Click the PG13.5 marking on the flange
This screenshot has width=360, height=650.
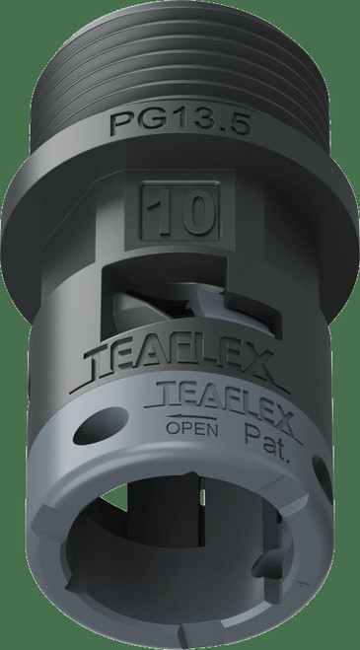(x=180, y=126)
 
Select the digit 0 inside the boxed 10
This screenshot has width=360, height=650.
(x=191, y=211)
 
